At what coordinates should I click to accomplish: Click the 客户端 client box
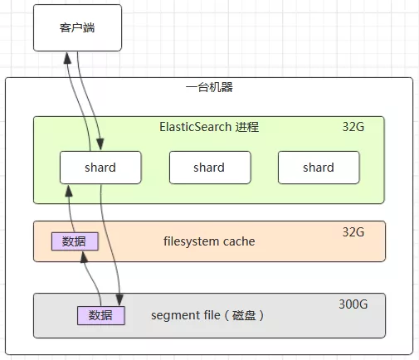point(77,27)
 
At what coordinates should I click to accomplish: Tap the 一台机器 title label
point(209,87)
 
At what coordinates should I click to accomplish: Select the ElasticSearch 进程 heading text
point(209,127)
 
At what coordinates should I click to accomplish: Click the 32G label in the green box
point(353,127)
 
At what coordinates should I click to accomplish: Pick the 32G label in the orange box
point(353,232)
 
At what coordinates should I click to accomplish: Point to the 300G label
point(353,304)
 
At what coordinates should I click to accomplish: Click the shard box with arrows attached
point(100,168)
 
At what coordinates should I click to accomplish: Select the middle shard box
point(210,168)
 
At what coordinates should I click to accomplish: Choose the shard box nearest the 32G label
point(319,168)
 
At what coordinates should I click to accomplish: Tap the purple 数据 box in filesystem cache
point(75,241)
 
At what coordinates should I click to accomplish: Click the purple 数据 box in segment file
point(101,315)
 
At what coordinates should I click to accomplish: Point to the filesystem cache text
point(209,241)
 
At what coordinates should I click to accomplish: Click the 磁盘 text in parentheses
point(244,315)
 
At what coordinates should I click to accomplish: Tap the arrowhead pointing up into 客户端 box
point(67,58)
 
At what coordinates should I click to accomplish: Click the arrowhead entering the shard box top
point(100,144)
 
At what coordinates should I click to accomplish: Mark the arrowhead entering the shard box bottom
point(69,191)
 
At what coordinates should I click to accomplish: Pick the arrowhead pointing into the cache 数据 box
point(84,257)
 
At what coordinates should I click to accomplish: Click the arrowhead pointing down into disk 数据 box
point(119,299)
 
